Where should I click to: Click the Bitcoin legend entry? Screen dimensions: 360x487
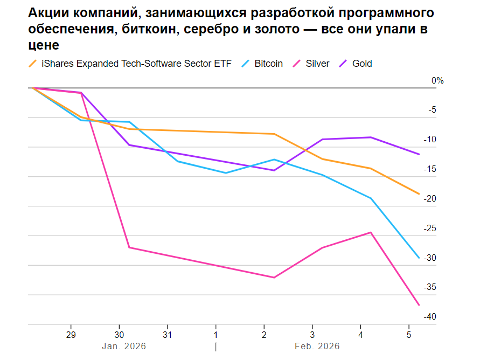[268, 64]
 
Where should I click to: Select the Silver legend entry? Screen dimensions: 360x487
[317, 64]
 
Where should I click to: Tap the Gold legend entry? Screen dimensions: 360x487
[361, 64]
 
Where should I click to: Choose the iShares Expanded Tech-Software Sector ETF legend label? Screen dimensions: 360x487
[136, 64]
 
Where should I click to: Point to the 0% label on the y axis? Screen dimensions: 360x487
[437, 81]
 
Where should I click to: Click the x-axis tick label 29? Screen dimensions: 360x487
[71, 334]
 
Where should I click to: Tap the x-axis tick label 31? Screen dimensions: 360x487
[168, 334]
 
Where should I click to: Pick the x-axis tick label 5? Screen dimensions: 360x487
[409, 334]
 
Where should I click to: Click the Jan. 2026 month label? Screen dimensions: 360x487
[124, 346]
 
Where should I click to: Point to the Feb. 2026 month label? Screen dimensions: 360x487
[317, 346]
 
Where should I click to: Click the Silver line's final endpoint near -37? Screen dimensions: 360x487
[419, 306]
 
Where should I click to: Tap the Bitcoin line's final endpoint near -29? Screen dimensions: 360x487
[419, 258]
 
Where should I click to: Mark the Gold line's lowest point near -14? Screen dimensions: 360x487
[274, 170]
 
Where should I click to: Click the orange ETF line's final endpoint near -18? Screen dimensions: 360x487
[419, 194]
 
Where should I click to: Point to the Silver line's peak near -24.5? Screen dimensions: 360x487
[371, 232]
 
